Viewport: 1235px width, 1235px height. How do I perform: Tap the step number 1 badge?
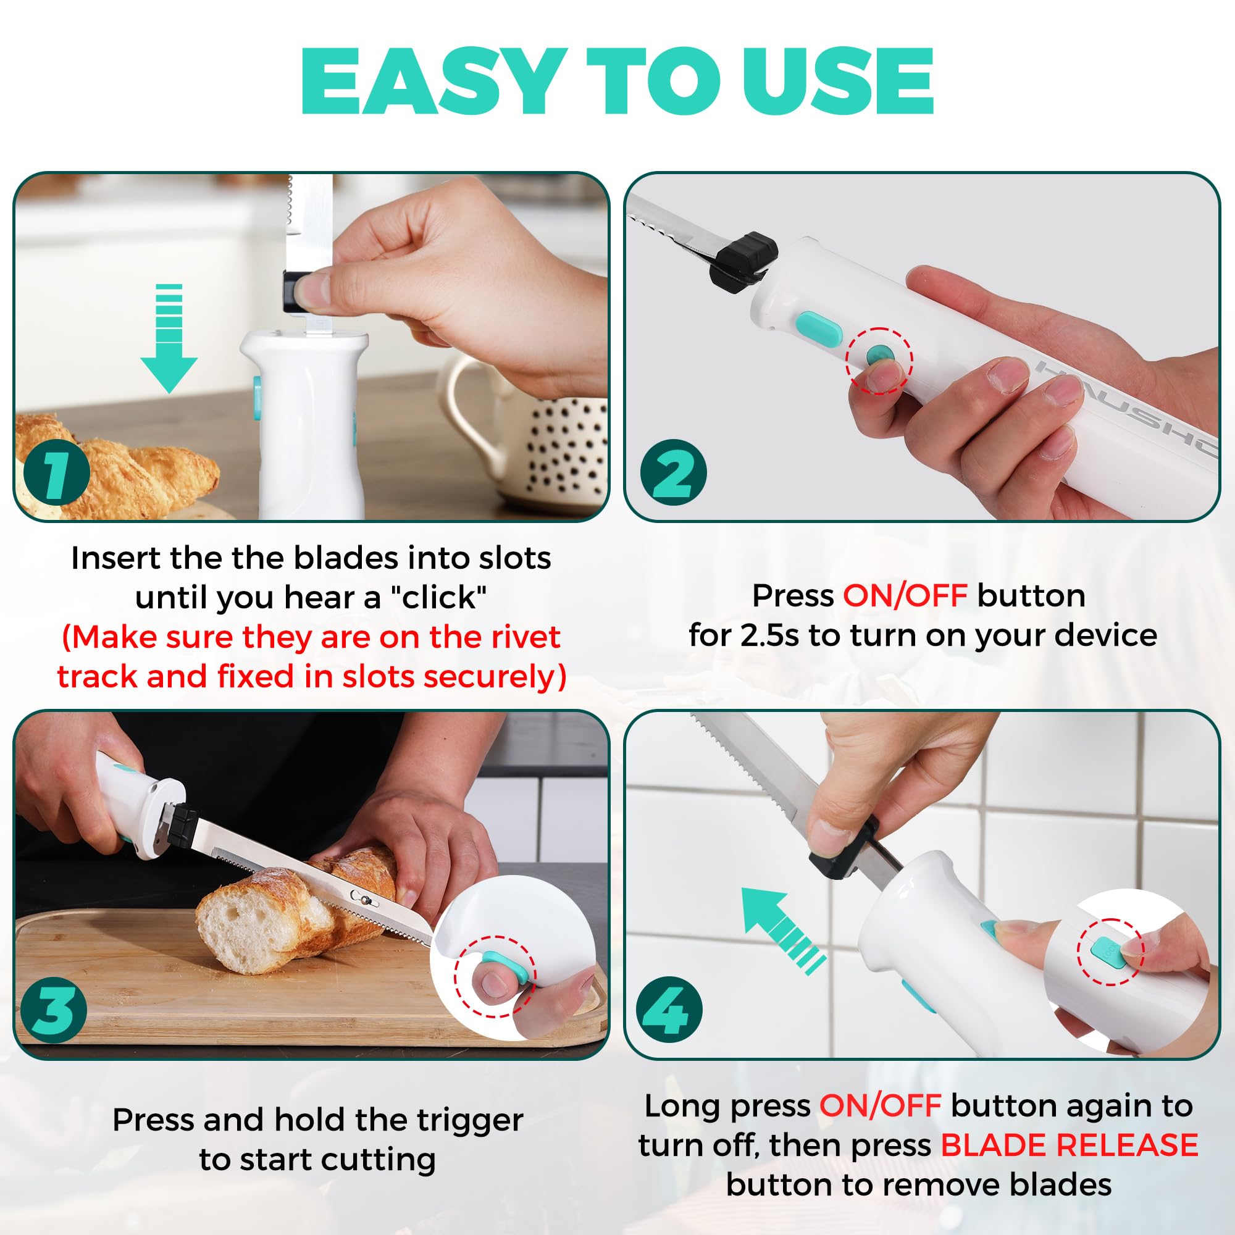(x=56, y=472)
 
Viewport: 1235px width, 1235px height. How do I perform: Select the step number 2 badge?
(x=673, y=472)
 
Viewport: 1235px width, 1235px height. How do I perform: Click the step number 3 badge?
(x=54, y=1010)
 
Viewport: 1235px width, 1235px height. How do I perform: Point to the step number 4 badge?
(x=669, y=1010)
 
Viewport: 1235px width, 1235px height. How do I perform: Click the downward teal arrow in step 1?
(x=169, y=338)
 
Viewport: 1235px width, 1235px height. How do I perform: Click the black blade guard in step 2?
(x=743, y=260)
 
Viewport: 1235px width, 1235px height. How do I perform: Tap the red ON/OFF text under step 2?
(x=905, y=596)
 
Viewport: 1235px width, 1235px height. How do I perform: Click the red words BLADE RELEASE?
(x=1070, y=1144)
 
